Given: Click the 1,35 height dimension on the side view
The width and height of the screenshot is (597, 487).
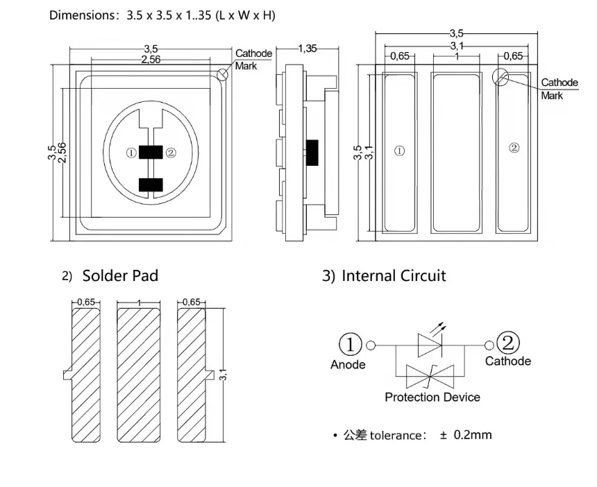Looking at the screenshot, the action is point(308,49).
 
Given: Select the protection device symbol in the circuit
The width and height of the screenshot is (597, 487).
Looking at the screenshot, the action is point(430,376).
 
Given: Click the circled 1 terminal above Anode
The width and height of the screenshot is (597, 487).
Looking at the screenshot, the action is point(350,344).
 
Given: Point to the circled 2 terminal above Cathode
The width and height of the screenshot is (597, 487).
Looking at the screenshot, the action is point(508,343).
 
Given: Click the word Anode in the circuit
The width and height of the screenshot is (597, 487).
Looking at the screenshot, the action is point(348,364).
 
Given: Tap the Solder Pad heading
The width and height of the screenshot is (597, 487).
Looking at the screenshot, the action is point(120,276).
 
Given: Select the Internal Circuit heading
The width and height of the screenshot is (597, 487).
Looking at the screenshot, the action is point(394,276).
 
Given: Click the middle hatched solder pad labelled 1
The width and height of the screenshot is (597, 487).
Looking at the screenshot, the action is point(138,375).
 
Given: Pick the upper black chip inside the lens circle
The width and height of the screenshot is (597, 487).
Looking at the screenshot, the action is point(151,152).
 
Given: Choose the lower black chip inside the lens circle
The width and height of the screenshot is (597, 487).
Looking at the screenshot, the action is point(151,185).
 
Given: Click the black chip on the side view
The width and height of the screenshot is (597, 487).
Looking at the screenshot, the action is point(312,153).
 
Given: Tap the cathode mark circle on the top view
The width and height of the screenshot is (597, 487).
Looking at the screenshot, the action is point(222,74).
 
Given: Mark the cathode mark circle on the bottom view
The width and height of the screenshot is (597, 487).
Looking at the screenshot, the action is point(501,77).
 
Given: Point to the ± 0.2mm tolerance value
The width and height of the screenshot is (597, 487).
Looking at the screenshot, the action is point(466,435).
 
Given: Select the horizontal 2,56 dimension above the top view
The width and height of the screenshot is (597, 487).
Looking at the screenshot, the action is point(151,60).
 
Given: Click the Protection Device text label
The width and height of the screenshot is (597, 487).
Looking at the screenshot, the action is point(432,398).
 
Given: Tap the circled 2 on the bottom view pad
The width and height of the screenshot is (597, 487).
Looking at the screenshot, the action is point(514,148).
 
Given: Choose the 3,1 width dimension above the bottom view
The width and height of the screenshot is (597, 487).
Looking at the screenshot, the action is point(457,46).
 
